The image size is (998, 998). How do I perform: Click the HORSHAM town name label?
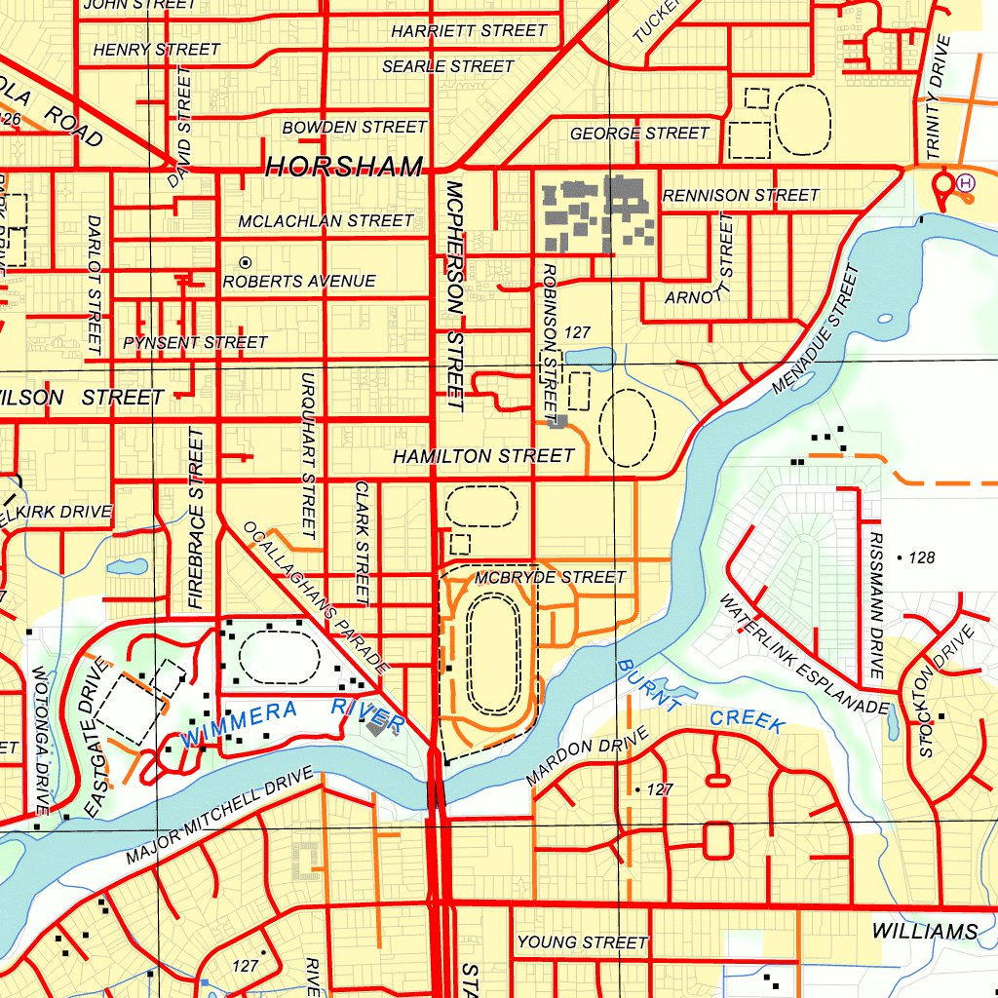(344, 167)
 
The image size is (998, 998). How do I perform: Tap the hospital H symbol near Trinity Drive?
(965, 181)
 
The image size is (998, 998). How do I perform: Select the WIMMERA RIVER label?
(292, 718)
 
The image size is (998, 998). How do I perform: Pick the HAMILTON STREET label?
(483, 456)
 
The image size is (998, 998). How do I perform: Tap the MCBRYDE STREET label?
(550, 578)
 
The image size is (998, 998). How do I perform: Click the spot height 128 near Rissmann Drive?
(920, 557)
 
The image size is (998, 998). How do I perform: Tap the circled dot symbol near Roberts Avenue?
(245, 262)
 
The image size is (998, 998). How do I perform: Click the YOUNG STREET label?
(582, 942)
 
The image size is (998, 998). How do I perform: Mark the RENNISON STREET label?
(741, 196)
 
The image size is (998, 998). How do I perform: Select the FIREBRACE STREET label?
(198, 519)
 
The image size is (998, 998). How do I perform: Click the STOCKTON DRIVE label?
(946, 691)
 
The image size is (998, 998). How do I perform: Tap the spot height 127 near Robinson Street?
(577, 332)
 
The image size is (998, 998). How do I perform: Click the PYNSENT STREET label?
(195, 343)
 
